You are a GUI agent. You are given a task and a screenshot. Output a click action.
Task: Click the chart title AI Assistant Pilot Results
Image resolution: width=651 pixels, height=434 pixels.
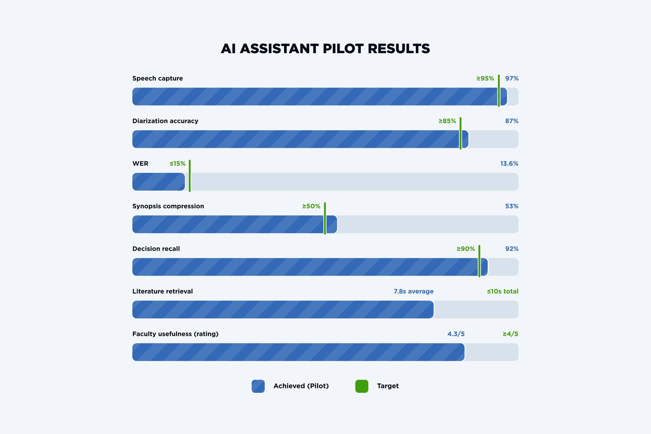(x=325, y=49)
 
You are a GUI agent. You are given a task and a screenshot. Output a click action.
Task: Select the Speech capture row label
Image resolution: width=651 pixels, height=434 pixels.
(x=158, y=78)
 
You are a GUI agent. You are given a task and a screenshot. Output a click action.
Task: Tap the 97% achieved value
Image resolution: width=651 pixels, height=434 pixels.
(x=512, y=78)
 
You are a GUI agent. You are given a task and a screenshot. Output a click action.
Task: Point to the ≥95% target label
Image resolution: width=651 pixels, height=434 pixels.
(x=485, y=78)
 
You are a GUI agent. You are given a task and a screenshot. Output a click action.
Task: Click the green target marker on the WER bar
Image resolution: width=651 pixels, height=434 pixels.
(x=190, y=176)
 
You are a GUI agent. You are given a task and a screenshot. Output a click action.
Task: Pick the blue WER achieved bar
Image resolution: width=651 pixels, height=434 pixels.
(x=159, y=181)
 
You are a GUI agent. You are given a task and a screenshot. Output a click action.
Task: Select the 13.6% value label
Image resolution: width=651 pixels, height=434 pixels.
(x=509, y=164)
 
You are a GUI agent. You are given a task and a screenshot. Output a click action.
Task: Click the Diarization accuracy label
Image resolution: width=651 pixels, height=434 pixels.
(x=165, y=121)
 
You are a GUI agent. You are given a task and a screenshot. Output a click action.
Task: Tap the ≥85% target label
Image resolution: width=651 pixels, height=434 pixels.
(x=447, y=121)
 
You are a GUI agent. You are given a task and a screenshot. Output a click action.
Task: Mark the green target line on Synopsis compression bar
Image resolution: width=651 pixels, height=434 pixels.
(x=325, y=218)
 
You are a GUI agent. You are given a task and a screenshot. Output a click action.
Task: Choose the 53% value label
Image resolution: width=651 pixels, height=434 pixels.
(x=512, y=206)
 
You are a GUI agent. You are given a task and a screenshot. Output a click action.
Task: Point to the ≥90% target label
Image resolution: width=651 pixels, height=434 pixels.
(x=465, y=249)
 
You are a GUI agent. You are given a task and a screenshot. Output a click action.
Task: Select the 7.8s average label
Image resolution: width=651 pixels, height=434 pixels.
(x=413, y=291)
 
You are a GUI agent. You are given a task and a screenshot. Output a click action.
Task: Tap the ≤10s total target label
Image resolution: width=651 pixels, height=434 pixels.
(x=503, y=291)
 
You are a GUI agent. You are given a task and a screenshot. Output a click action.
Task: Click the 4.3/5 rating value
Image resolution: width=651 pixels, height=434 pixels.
(x=456, y=334)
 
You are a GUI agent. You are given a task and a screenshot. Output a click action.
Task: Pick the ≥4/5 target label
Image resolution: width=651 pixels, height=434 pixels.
(x=510, y=334)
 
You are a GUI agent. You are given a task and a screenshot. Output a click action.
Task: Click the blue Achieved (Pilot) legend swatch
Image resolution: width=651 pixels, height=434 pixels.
(x=258, y=386)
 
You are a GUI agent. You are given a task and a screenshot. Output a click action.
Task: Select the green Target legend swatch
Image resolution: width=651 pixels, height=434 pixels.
(x=362, y=386)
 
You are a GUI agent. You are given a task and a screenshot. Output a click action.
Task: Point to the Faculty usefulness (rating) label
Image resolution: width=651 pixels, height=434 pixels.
(x=175, y=334)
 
